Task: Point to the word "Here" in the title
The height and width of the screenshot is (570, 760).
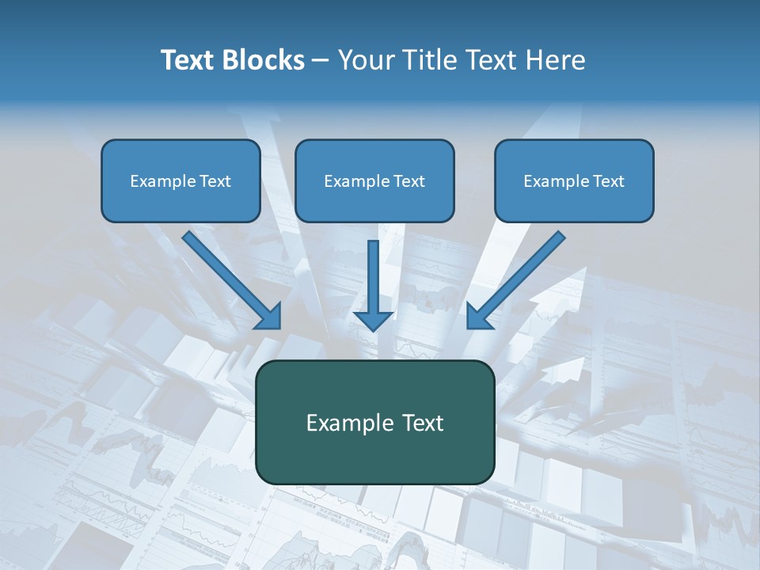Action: point(558,60)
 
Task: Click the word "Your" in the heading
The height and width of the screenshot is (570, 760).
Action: point(364,60)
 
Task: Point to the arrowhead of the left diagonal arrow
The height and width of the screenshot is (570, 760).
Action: point(269,317)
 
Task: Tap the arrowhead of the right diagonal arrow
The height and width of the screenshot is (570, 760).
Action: point(478,317)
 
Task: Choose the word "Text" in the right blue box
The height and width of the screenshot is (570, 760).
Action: point(608,181)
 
